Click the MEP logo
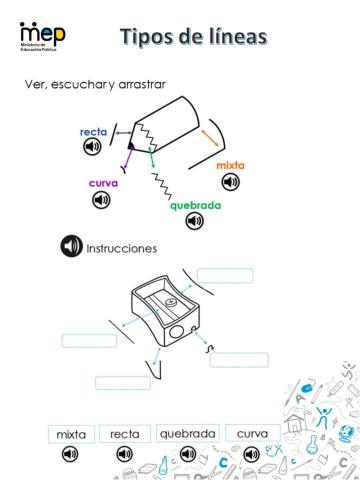pyautogui.click(x=43, y=35)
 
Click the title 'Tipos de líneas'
pyautogui.click(x=193, y=37)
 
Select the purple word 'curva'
pyautogui.click(x=103, y=183)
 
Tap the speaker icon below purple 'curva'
pyautogui.click(x=101, y=200)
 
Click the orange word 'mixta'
pyautogui.click(x=230, y=164)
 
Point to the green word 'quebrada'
pyautogui.click(x=194, y=206)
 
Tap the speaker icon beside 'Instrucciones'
pyautogui.click(x=72, y=246)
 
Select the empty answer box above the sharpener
pyautogui.click(x=224, y=275)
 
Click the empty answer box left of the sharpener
pyautogui.click(x=89, y=340)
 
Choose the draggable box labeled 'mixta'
pyautogui.click(x=71, y=434)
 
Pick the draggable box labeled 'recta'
pyautogui.click(x=125, y=434)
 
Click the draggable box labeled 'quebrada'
pyautogui.click(x=187, y=434)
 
